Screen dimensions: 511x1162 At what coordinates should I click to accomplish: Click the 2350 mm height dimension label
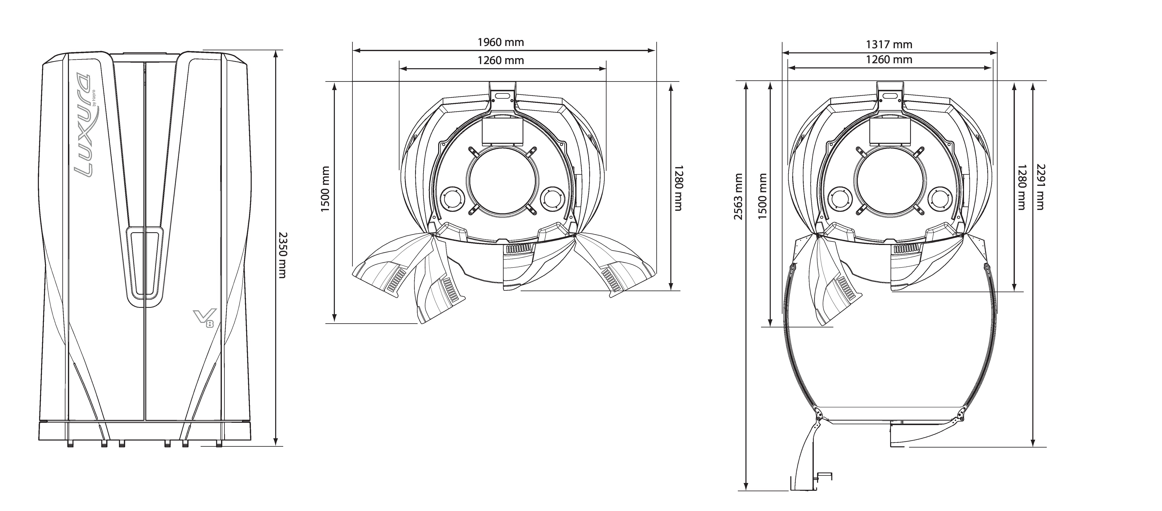[x=282, y=255]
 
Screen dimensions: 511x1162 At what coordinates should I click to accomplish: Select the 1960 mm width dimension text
[x=501, y=42]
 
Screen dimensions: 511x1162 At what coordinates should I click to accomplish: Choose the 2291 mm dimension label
[x=1040, y=186]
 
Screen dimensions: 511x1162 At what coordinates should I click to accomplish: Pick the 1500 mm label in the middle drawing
[x=326, y=189]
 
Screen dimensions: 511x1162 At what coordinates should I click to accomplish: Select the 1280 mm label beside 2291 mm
[x=1022, y=186]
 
